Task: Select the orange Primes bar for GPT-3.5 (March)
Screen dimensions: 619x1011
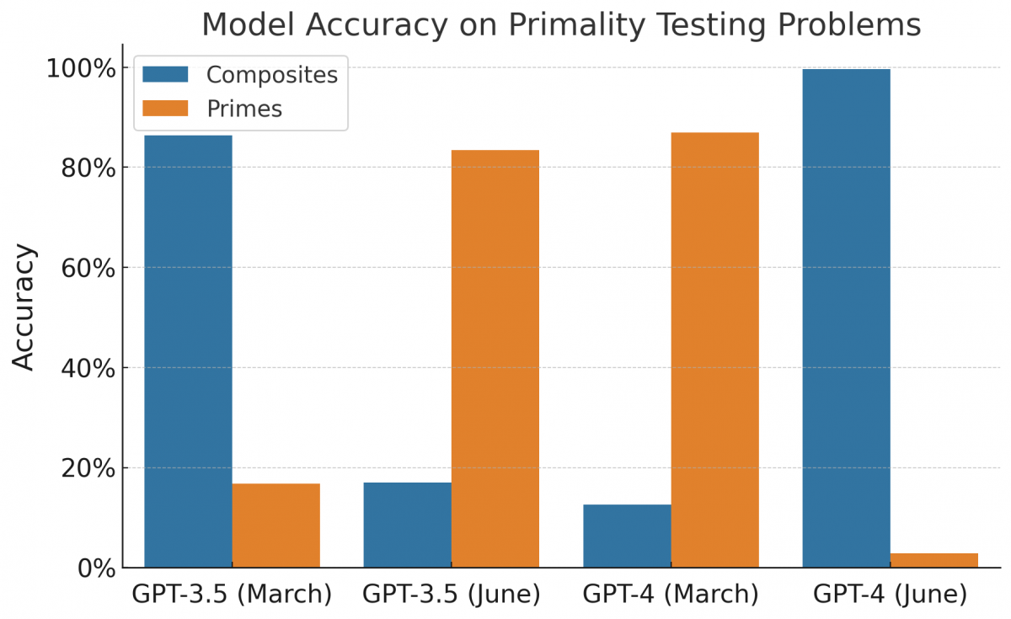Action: point(275,526)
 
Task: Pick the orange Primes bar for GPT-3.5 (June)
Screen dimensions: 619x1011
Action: point(495,359)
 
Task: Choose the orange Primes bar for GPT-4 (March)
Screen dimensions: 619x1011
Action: point(714,350)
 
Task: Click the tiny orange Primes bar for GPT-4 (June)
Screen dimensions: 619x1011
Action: point(933,560)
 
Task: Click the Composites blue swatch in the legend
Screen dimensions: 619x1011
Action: point(165,74)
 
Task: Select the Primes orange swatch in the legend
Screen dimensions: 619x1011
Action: point(165,109)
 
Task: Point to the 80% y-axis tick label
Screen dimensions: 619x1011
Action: point(88,168)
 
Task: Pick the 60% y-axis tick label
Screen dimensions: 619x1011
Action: point(88,268)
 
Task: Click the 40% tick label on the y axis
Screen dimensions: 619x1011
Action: point(88,368)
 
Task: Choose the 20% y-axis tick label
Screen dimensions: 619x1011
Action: point(88,468)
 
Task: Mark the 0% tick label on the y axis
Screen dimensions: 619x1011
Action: point(94,568)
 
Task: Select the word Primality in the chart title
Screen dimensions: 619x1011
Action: point(569,25)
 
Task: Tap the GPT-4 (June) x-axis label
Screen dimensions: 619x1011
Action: point(890,595)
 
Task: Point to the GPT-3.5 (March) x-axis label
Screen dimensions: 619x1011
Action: point(232,595)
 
